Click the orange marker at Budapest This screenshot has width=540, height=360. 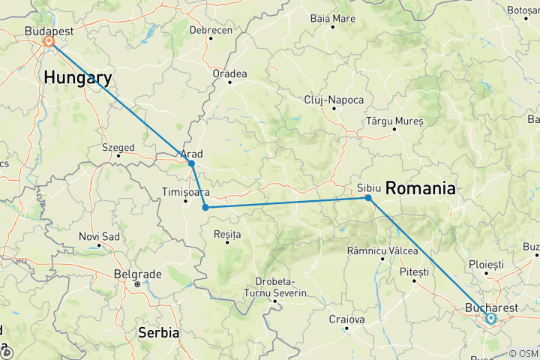(x=49, y=41)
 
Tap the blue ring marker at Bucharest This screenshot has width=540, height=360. (x=490, y=318)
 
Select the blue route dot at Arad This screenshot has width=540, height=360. (x=191, y=163)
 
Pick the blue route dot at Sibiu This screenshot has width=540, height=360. (x=368, y=198)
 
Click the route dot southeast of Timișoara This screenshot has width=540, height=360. (x=205, y=208)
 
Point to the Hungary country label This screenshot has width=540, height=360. (x=78, y=77)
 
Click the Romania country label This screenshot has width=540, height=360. (x=420, y=189)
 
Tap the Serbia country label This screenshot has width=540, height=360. (x=158, y=331)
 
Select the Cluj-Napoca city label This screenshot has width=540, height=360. (x=334, y=100)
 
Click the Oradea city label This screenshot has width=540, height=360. (x=229, y=73)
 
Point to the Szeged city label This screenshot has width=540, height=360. (x=118, y=148)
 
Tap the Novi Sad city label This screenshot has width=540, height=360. (x=100, y=237)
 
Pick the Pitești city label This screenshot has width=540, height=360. (x=414, y=271)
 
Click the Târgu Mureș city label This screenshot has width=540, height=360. (x=394, y=121)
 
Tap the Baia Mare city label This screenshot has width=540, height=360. (x=332, y=17)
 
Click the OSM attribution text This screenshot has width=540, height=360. (x=524, y=353)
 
